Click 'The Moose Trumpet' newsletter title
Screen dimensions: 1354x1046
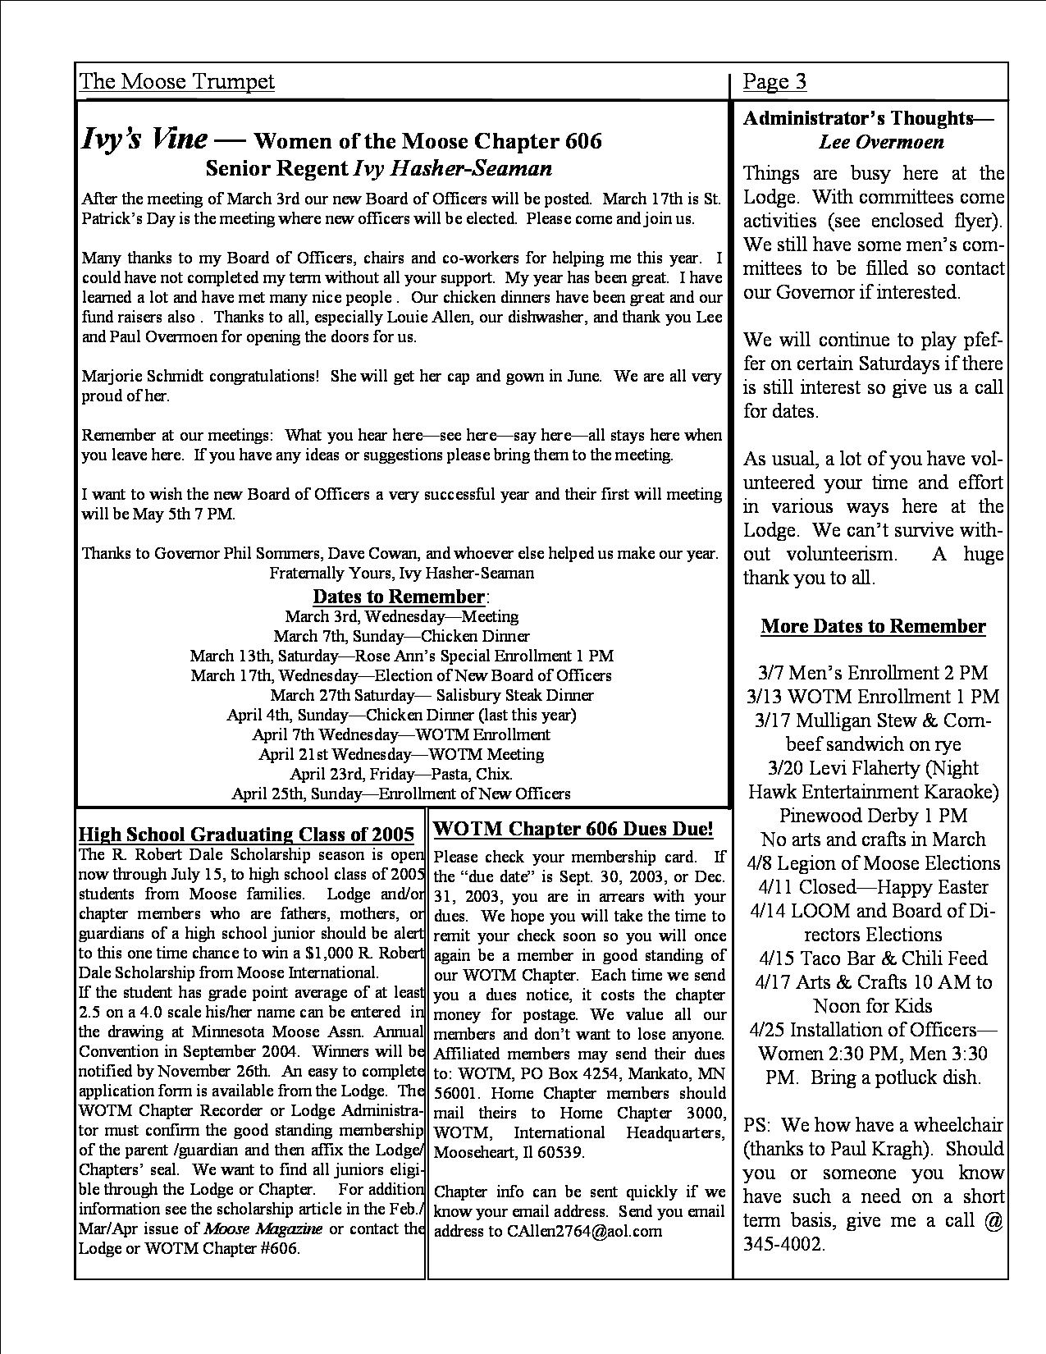[177, 81]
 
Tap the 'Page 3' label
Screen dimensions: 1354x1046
[774, 81]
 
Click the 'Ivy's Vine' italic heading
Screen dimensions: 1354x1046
[144, 139]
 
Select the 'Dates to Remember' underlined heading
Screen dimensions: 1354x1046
[400, 596]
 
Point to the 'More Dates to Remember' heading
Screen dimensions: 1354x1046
[873, 626]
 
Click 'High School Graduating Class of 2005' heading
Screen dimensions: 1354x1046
[246, 835]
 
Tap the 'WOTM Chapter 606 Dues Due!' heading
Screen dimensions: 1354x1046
[573, 828]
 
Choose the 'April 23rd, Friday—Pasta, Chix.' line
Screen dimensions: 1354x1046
[401, 774]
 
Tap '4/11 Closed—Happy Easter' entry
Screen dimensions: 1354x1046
[873, 887]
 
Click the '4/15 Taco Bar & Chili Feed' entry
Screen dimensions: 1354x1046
[873, 958]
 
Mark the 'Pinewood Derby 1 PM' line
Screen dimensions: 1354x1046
[873, 816]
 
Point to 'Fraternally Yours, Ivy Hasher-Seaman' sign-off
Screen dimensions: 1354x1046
[401, 573]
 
